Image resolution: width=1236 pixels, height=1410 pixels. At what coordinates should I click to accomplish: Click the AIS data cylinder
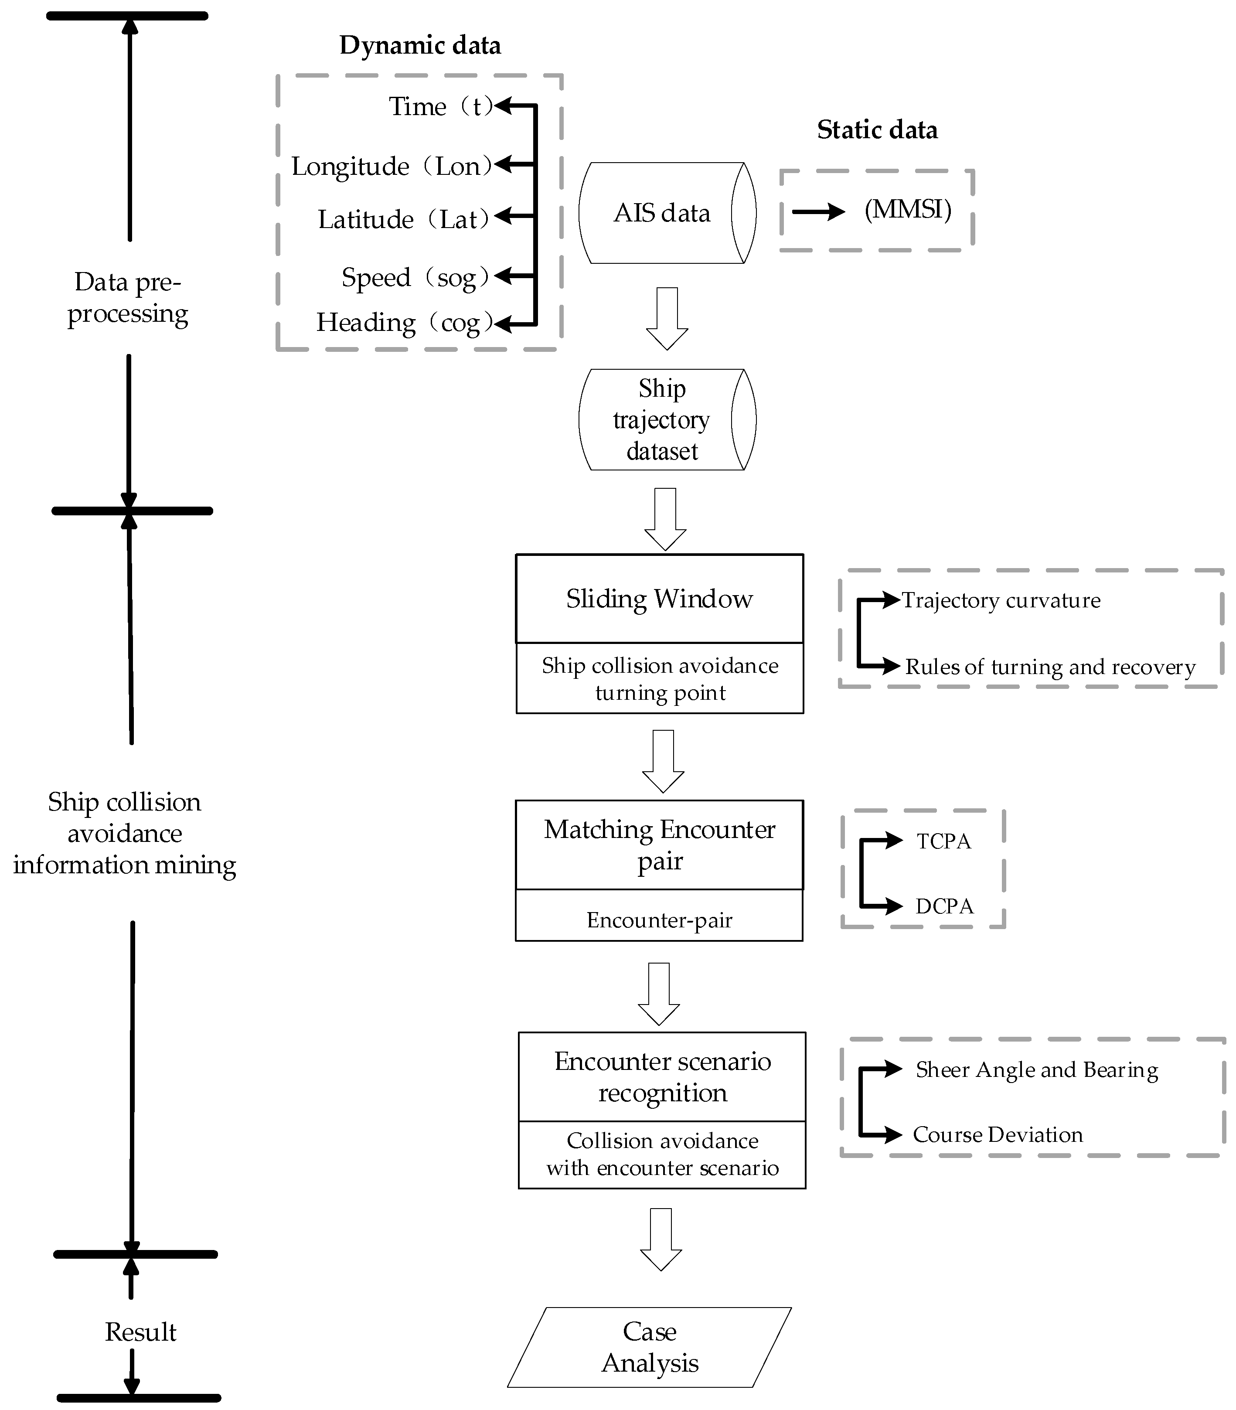[662, 213]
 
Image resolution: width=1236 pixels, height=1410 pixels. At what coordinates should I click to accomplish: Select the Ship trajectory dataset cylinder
[662, 419]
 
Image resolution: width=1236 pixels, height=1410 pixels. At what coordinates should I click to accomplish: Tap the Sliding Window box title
[659, 599]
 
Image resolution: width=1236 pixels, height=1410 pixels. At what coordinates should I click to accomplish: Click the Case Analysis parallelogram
[650, 1347]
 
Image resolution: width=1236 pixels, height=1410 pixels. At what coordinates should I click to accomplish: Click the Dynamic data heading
[420, 45]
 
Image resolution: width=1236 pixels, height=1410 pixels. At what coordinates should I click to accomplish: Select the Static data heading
[877, 129]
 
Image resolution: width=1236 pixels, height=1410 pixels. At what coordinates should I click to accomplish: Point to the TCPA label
[943, 841]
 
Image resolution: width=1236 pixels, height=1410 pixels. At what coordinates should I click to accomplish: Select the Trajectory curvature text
[1001, 600]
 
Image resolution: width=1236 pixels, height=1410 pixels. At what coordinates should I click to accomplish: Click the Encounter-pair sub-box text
[659, 920]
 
